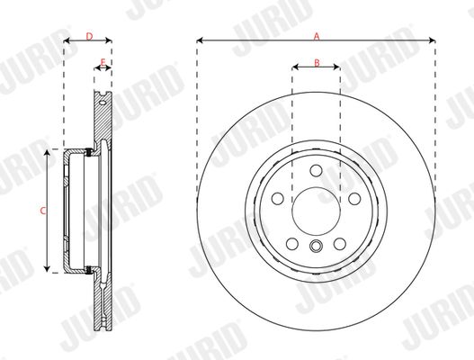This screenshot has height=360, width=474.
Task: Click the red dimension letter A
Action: pos(317,37)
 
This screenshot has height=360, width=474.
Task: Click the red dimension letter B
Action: pos(317,63)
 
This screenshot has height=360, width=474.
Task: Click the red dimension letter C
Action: pos(43,211)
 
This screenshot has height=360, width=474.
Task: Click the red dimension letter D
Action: pos(89,37)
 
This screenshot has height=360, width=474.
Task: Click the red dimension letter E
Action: pos(103,62)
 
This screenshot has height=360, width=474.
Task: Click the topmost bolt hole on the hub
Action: pos(317,171)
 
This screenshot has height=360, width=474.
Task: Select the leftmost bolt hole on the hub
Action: pos(278,199)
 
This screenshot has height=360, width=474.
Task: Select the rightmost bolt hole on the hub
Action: pos(354,199)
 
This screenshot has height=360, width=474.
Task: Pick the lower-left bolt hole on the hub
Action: pos(292,244)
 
